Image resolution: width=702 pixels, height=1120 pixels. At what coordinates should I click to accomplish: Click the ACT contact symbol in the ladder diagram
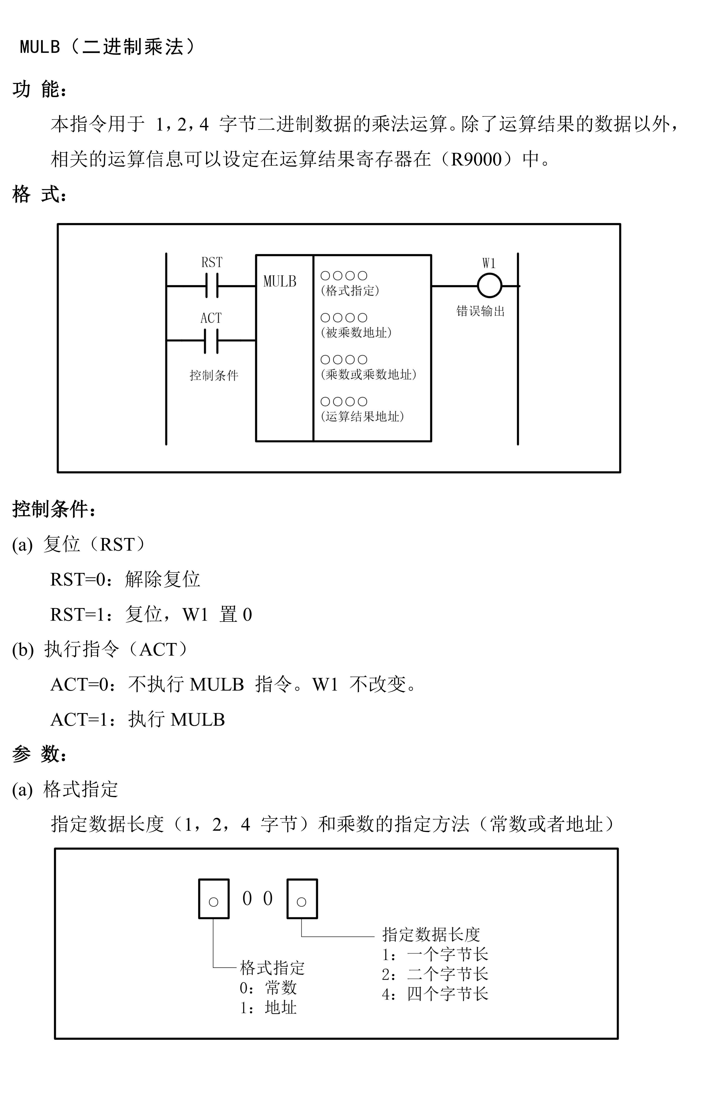(x=211, y=340)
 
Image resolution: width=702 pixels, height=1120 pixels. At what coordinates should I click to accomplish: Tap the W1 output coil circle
(x=489, y=286)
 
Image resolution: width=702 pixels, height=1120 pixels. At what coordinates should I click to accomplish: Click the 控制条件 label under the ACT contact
(x=214, y=375)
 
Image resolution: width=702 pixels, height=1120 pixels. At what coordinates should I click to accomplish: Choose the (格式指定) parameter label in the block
(x=350, y=291)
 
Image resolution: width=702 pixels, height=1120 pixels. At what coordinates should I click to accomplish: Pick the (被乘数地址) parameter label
(x=356, y=333)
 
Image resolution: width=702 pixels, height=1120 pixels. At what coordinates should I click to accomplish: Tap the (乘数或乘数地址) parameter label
(x=369, y=374)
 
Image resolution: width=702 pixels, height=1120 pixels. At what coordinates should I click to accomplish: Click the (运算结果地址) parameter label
(x=362, y=416)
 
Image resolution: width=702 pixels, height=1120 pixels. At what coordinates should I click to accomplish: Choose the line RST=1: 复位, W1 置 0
(x=151, y=614)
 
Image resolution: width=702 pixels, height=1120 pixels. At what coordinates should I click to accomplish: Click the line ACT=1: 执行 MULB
(x=137, y=719)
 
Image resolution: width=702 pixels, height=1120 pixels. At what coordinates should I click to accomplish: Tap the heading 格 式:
(x=39, y=194)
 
